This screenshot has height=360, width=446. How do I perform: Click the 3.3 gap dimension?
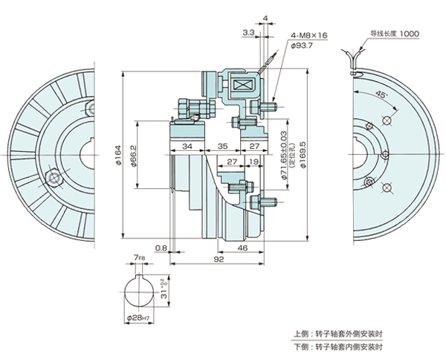[x=248, y=33]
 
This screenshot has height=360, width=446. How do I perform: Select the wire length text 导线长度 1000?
[x=395, y=33]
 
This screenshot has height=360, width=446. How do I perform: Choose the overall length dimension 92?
[x=219, y=261]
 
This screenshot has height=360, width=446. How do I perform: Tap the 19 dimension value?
[x=254, y=161]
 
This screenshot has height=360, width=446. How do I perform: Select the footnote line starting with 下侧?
[x=340, y=346]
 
